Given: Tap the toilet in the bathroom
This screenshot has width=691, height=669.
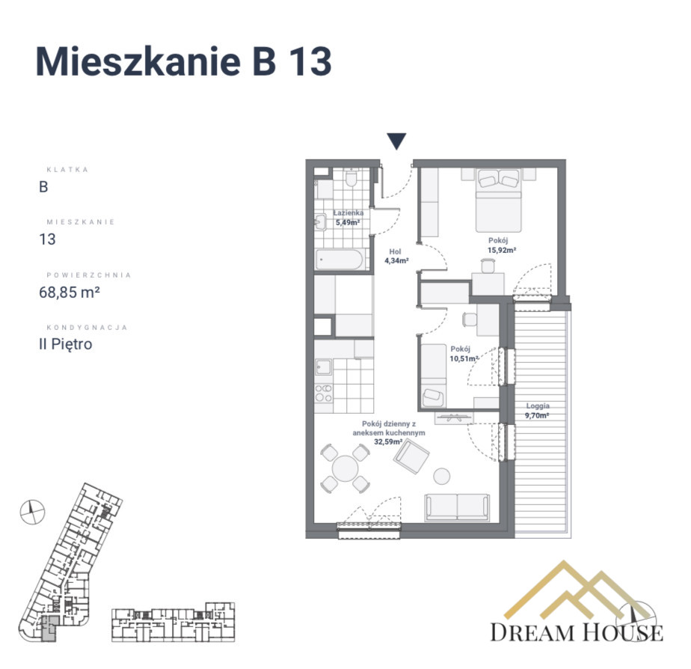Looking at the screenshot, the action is click(x=351, y=177).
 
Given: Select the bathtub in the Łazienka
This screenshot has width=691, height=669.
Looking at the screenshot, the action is click(x=340, y=260).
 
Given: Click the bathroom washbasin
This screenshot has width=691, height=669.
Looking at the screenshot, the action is click(x=320, y=222).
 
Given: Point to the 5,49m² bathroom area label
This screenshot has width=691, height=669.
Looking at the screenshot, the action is click(x=348, y=223).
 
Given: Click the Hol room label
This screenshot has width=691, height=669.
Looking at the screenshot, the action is click(x=395, y=251).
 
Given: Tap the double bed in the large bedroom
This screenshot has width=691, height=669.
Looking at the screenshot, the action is click(x=498, y=201).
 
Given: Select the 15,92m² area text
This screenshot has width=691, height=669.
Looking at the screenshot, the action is click(x=502, y=250).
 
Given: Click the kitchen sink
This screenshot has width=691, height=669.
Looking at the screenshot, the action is click(x=324, y=367).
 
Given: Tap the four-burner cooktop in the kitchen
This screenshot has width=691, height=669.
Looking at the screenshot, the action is click(x=324, y=393).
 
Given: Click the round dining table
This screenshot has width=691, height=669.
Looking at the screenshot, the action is click(x=345, y=468).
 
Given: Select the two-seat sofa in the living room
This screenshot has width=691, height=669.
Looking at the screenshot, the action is click(x=457, y=507).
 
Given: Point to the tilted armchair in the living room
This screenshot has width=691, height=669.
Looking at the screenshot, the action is click(x=411, y=457).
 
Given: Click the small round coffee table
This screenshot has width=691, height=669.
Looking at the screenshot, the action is click(x=441, y=476).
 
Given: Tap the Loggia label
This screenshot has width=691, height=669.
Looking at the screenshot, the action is click(x=538, y=406).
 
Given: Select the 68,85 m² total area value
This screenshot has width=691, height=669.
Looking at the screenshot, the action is click(x=70, y=293).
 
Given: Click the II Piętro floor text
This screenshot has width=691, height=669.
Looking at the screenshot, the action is click(x=66, y=344).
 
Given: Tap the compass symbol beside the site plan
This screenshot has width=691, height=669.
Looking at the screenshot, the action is click(x=33, y=512).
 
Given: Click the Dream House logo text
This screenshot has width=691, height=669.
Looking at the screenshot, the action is click(x=577, y=632).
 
